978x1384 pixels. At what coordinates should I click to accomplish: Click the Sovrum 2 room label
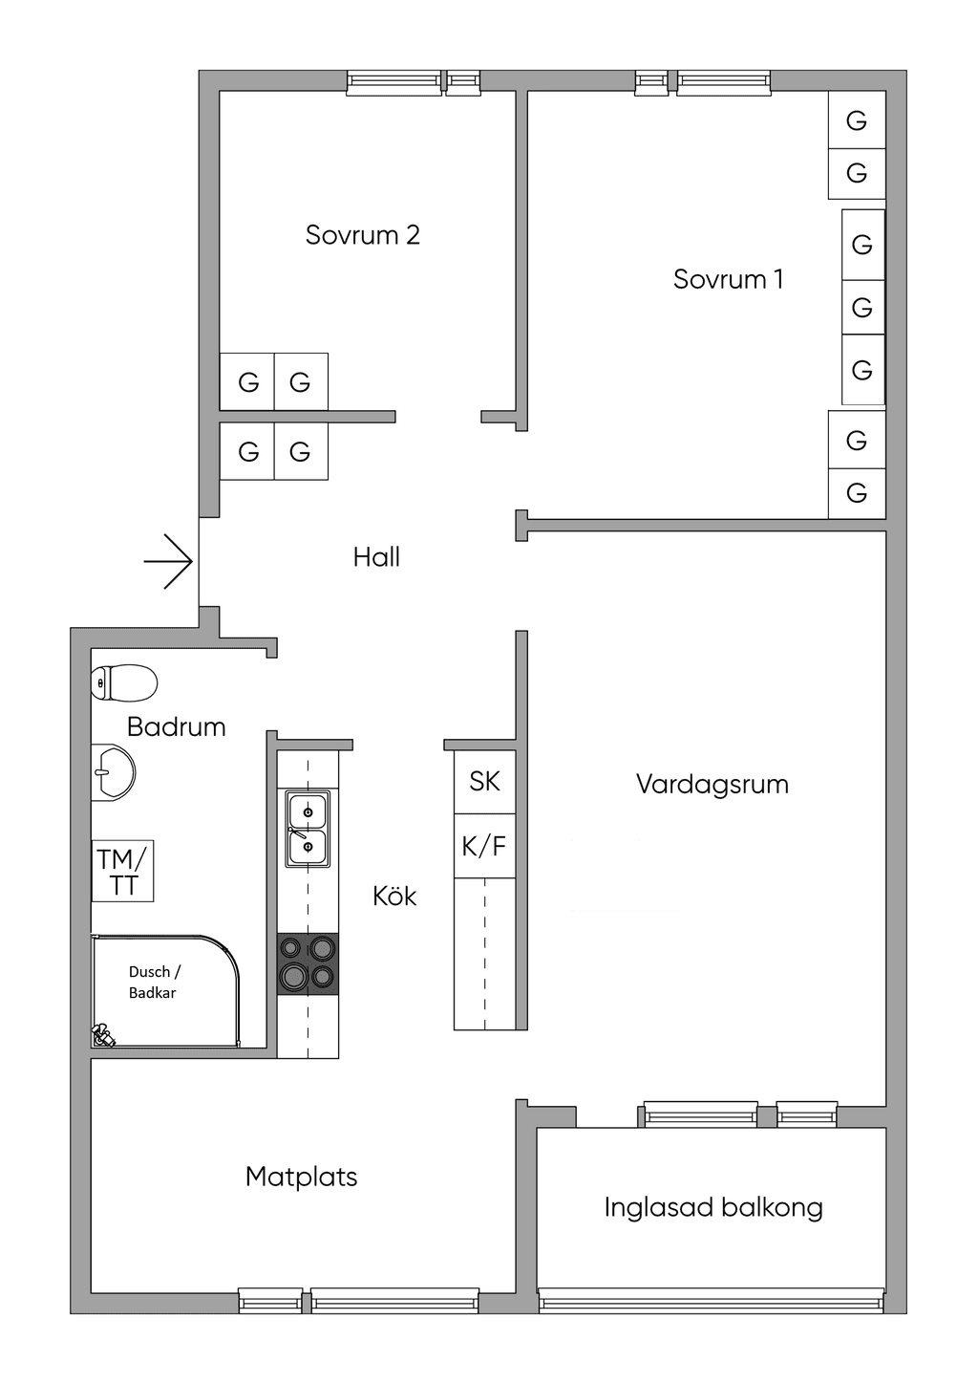[x=362, y=235]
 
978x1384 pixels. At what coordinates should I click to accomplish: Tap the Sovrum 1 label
[x=728, y=279]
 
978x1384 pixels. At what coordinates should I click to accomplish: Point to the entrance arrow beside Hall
[x=168, y=561]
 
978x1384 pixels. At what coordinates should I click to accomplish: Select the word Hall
[x=376, y=556]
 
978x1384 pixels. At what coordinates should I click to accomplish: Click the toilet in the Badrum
[x=124, y=682]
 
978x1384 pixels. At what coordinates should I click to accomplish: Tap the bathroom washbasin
[x=113, y=772]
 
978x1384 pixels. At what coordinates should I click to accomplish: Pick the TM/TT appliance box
[x=122, y=871]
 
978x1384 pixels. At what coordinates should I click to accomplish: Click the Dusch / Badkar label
[x=154, y=983]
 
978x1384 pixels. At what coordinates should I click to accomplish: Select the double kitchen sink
[x=308, y=829]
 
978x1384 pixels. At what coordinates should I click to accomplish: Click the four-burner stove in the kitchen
[x=308, y=963]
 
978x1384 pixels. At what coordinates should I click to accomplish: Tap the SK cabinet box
[x=484, y=782]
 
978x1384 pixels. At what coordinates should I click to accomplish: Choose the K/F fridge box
[x=484, y=846]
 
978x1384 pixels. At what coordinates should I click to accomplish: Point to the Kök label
[x=394, y=896]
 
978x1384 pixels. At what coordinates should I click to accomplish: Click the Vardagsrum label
[x=712, y=786]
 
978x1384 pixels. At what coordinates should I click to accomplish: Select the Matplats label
[x=301, y=1177]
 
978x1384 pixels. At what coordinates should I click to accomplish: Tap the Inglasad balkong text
[x=713, y=1207]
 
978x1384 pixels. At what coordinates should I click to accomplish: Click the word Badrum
[x=176, y=727]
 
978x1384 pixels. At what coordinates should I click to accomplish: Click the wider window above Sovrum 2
[x=393, y=83]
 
